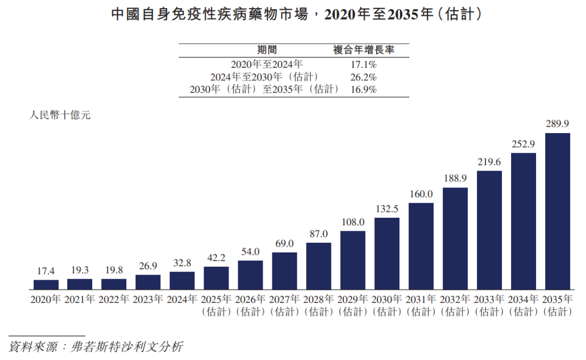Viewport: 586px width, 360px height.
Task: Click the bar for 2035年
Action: click(x=557, y=211)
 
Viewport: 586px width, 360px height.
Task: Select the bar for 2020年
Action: click(x=46, y=285)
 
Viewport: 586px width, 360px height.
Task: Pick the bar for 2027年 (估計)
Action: click(x=284, y=271)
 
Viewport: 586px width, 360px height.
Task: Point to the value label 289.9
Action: click(x=557, y=124)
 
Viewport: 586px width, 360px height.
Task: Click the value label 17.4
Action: click(x=46, y=270)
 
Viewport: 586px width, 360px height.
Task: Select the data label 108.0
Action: click(x=353, y=222)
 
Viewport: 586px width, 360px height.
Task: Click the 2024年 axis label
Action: click(x=182, y=299)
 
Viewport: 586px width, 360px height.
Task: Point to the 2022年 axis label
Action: click(x=114, y=299)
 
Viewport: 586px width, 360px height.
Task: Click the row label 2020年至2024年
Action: click(x=266, y=64)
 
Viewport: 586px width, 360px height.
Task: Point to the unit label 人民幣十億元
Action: click(x=60, y=115)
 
